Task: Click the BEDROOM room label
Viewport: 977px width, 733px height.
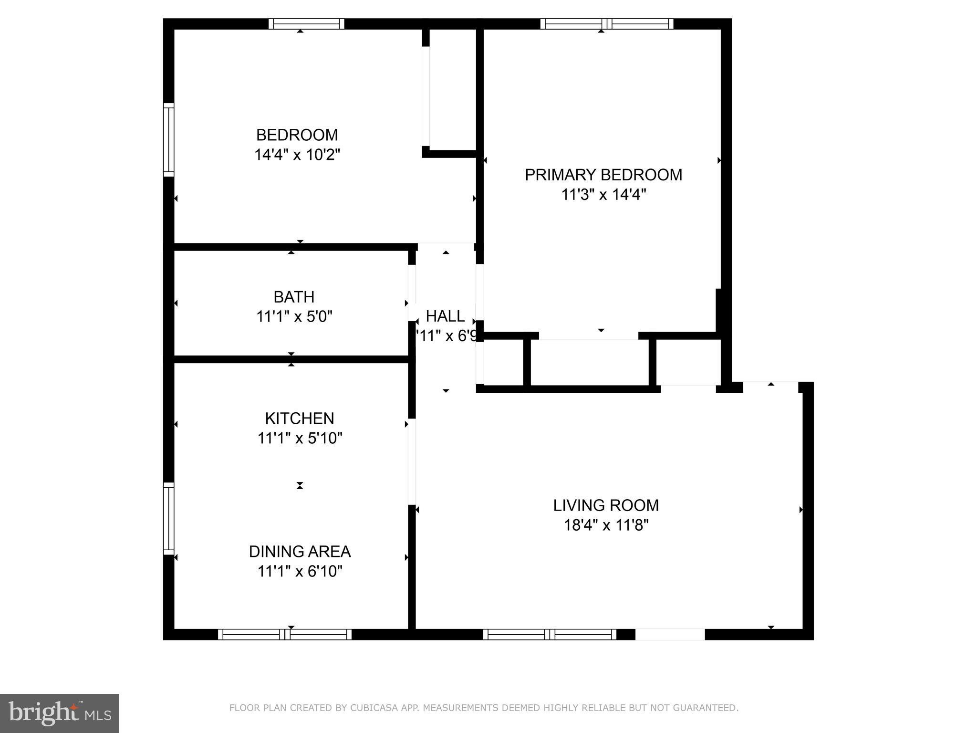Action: click(x=297, y=135)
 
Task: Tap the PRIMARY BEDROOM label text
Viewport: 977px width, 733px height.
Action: click(x=603, y=175)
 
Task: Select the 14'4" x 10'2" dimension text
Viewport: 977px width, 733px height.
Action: click(x=297, y=155)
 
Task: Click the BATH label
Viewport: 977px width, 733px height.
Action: click(x=294, y=297)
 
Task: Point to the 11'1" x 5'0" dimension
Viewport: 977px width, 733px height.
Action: click(x=294, y=317)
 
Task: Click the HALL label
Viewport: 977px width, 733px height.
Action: click(x=445, y=316)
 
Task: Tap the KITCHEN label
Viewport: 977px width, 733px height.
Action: click(x=300, y=419)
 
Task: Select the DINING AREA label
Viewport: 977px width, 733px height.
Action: click(x=300, y=552)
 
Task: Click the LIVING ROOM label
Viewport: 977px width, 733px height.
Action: click(x=606, y=505)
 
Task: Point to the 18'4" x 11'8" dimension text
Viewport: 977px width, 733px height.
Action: click(x=606, y=525)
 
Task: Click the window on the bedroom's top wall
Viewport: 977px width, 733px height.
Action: click(x=306, y=24)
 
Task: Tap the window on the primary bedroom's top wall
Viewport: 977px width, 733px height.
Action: click(x=607, y=24)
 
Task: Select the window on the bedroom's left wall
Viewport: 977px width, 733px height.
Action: click(x=169, y=139)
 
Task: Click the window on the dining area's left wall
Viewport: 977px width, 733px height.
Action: click(x=169, y=518)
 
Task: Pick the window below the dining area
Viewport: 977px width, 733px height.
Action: click(x=285, y=634)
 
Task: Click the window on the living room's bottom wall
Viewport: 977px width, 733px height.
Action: click(x=550, y=634)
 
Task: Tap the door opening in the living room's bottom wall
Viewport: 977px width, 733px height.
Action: click(x=670, y=634)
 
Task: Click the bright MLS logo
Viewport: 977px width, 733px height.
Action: click(x=60, y=713)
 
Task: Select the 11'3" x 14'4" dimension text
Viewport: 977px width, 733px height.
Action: click(x=603, y=195)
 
